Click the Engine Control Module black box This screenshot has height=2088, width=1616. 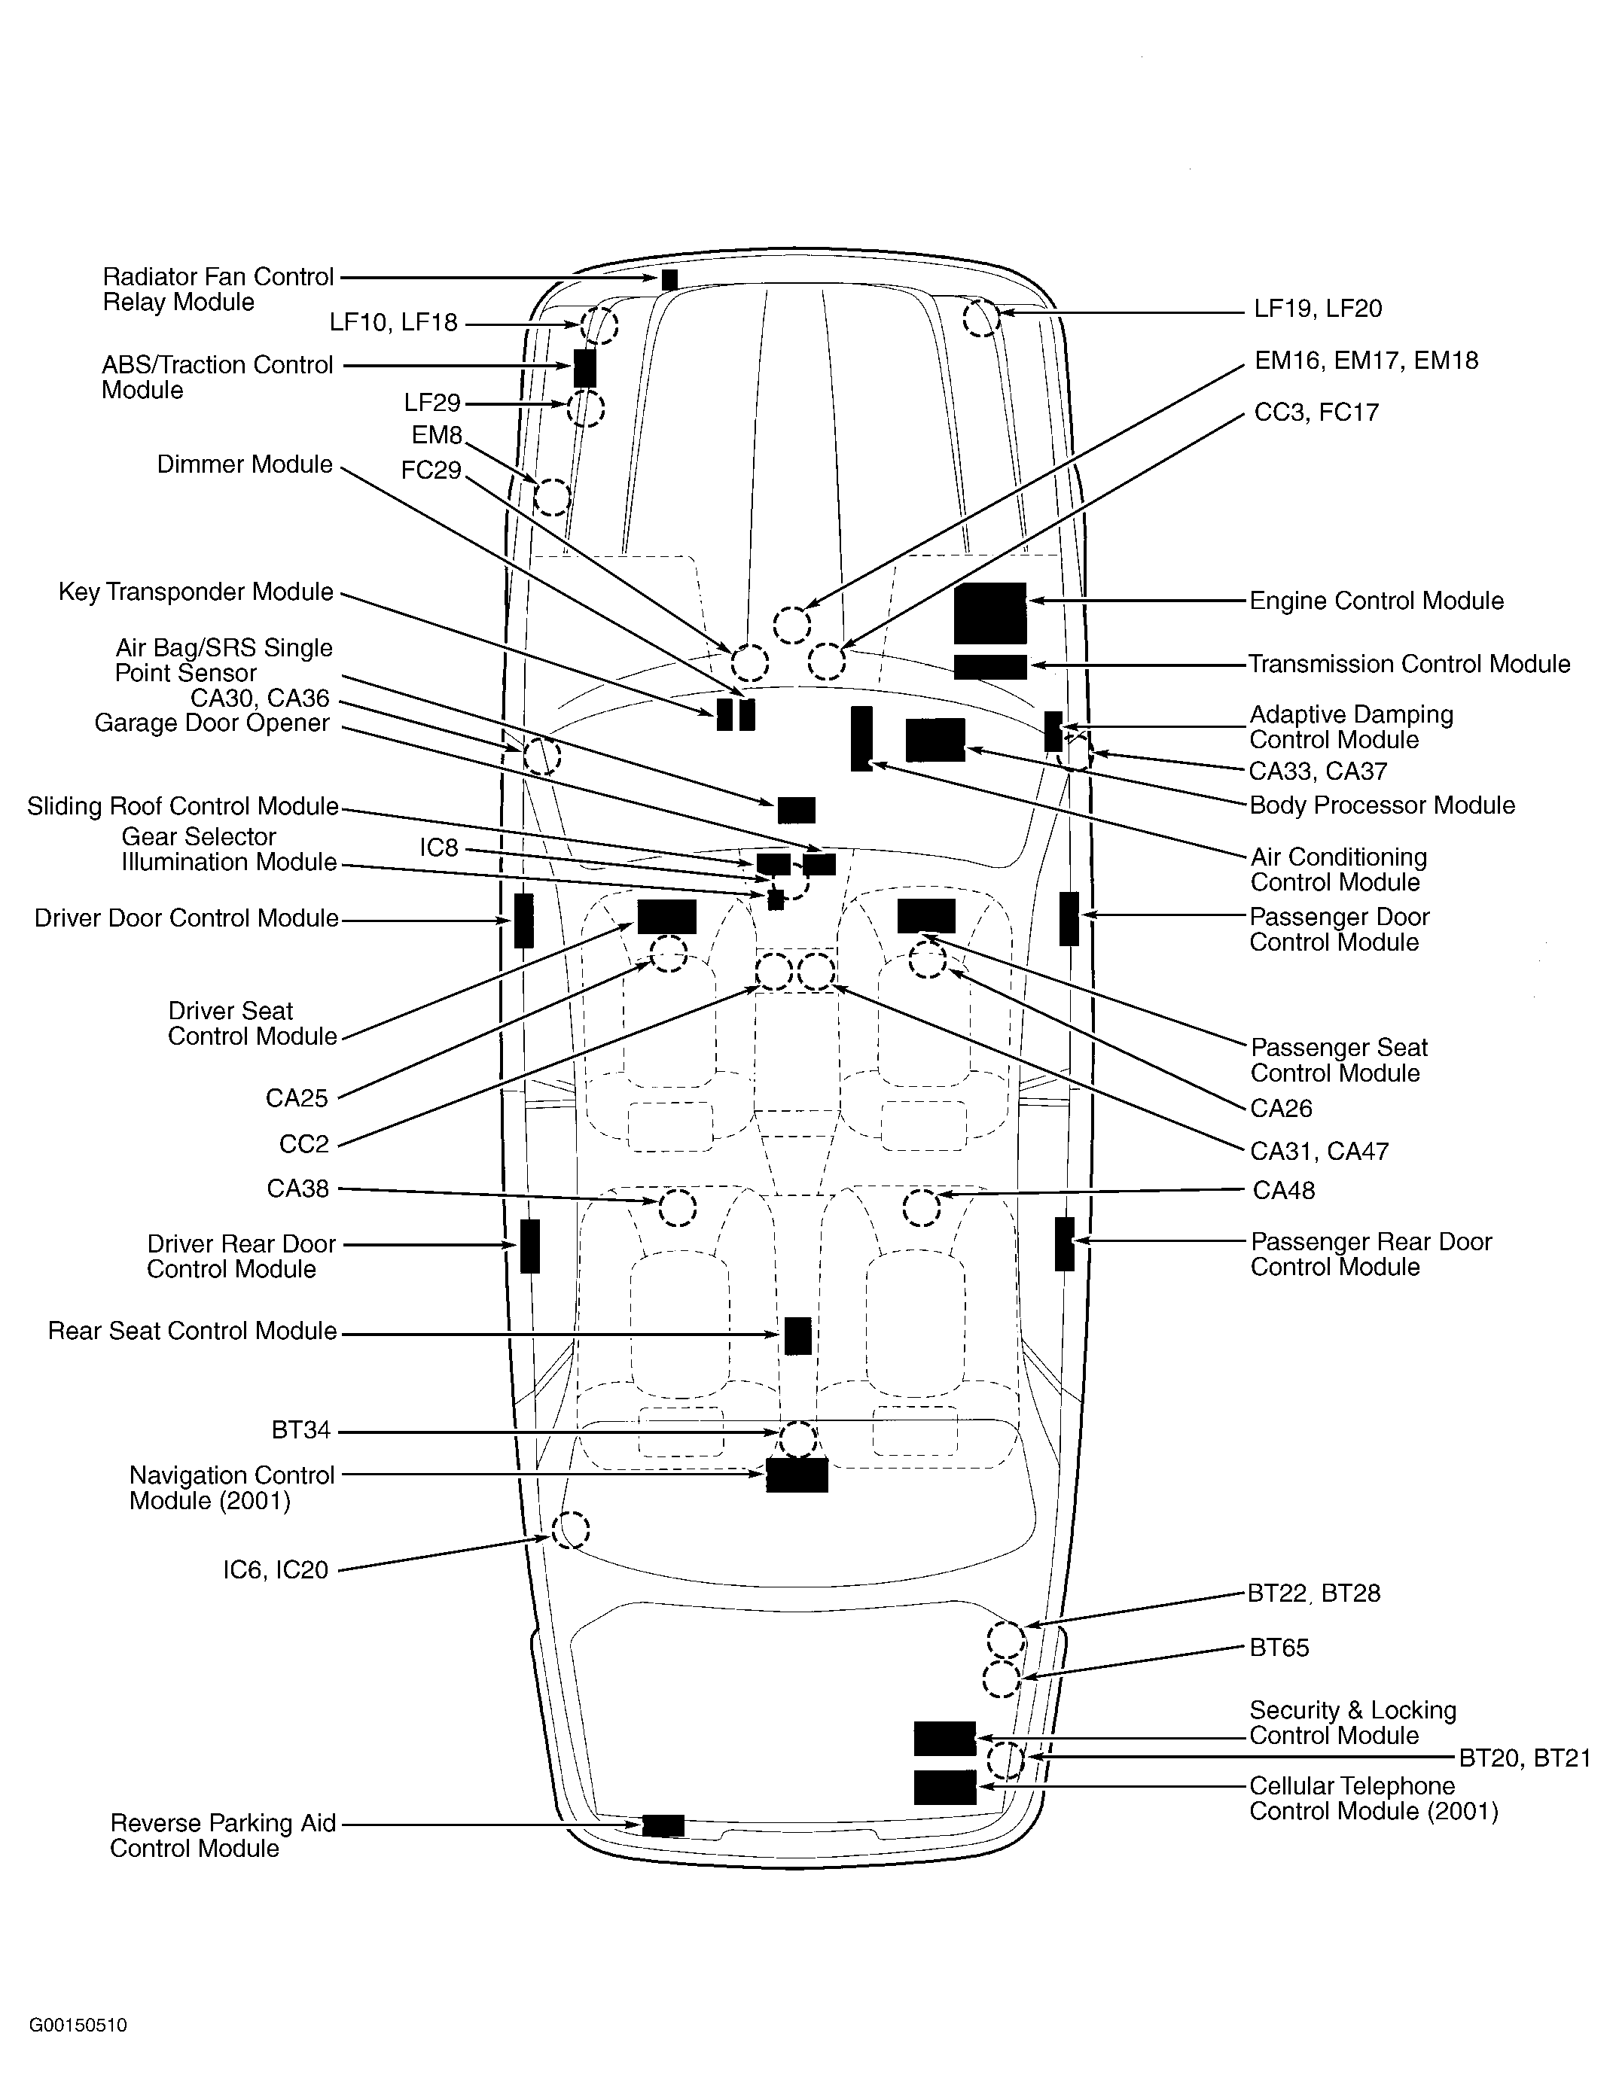(x=989, y=613)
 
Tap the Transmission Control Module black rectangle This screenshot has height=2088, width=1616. (x=989, y=666)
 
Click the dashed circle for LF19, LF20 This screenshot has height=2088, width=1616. (x=981, y=318)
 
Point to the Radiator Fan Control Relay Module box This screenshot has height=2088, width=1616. (x=669, y=279)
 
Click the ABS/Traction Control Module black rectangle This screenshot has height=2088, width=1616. (x=584, y=367)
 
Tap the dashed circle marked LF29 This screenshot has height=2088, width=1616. (x=585, y=408)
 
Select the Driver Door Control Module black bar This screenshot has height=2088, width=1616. (x=523, y=920)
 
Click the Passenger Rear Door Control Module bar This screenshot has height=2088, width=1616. (x=1064, y=1243)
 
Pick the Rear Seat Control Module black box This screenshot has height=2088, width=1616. (x=797, y=1335)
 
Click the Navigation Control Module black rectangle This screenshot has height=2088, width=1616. (x=797, y=1475)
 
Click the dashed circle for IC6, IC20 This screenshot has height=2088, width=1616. (x=571, y=1529)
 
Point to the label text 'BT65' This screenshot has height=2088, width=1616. (x=1279, y=1647)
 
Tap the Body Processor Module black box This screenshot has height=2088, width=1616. (x=935, y=739)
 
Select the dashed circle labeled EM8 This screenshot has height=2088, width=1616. (x=552, y=496)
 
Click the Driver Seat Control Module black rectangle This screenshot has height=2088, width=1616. (x=666, y=916)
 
